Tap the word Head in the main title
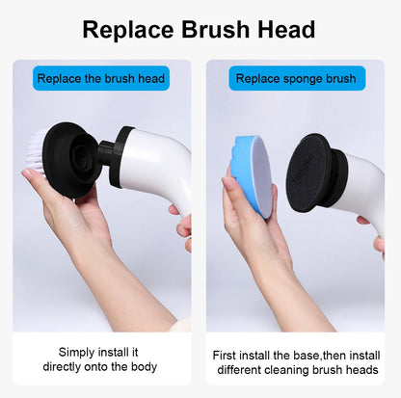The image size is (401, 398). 282,29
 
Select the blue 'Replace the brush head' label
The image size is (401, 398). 101,78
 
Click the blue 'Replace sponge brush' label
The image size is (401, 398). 295,78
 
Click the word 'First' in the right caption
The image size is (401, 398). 228,356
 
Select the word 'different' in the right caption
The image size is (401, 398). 243,370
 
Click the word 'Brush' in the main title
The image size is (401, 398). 211,29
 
